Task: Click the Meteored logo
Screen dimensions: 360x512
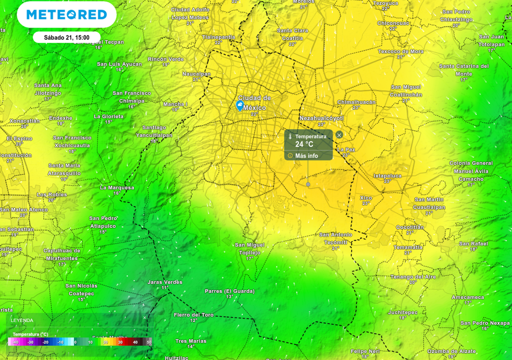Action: pos(66,14)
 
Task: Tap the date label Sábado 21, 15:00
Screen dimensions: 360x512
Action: pos(66,37)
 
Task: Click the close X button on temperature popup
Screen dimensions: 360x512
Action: pos(339,135)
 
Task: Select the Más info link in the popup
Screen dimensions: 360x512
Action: pos(306,156)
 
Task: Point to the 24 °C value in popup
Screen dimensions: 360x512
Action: pos(304,144)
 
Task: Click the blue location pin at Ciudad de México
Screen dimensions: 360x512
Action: pos(240,105)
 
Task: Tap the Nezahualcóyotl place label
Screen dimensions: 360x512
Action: pos(321,118)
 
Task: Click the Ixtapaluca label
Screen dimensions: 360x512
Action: pos(387,175)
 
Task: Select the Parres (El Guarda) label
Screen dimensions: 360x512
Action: pos(229,291)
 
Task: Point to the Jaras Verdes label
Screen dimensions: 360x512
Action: pos(164,282)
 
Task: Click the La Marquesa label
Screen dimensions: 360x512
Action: pos(117,187)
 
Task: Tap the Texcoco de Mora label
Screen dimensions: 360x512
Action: pos(400,51)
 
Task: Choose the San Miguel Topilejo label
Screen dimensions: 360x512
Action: pos(249,248)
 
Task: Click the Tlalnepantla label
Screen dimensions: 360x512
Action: pos(218,37)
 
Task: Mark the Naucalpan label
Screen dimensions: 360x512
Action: pos(196,73)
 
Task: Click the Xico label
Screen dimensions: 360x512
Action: pos(366,198)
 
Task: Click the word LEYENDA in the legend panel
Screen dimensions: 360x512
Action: pos(22,320)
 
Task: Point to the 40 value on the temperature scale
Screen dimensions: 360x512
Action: pos(135,342)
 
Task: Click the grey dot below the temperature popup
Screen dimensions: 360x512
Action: pos(308,184)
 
